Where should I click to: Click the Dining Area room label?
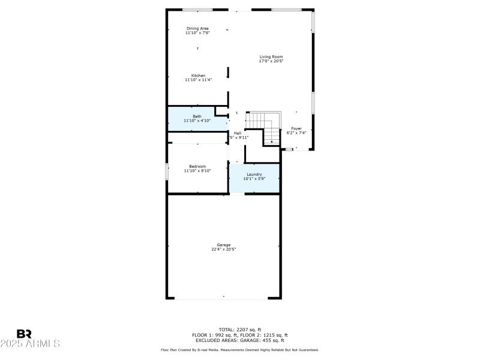point(197,28)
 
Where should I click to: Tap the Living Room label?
point(271,56)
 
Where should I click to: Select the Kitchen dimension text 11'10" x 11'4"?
point(197,80)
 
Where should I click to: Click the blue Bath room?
point(191,119)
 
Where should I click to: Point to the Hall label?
point(237,133)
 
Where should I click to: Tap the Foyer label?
point(296,128)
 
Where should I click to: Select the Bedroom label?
point(197,166)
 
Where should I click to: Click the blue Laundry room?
point(254,177)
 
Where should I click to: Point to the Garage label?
point(223,244)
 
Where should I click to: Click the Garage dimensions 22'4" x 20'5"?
point(223,249)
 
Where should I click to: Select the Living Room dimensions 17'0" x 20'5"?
point(271,61)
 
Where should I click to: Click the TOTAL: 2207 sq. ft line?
point(239,329)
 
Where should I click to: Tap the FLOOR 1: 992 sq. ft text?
point(216,335)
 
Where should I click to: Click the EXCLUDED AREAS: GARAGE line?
point(239,340)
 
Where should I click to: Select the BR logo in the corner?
point(24,334)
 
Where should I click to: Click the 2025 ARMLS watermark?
point(30,344)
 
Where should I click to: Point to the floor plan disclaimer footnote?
point(239,350)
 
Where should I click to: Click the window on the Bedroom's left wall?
point(167,170)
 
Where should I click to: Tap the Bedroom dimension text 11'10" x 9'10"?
point(197,171)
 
